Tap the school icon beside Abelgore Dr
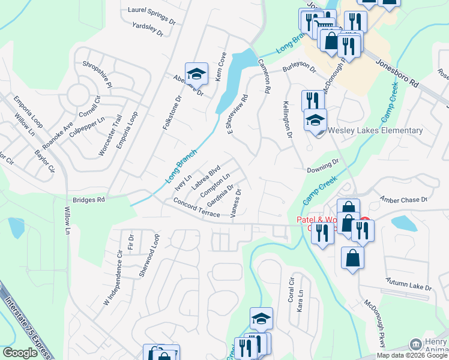click(x=196, y=74)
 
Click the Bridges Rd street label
click(x=89, y=199)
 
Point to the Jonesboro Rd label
click(x=397, y=73)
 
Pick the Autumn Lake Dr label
click(x=409, y=284)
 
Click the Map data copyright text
click(x=412, y=355)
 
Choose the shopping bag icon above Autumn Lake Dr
click(x=352, y=259)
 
